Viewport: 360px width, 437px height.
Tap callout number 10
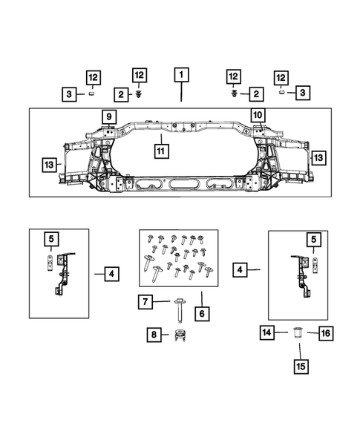click(x=258, y=116)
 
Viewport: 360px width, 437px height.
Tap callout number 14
click(x=265, y=333)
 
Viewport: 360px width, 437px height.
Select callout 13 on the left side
click(x=50, y=164)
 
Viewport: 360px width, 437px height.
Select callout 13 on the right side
click(x=318, y=157)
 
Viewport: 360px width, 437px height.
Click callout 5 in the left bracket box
click(x=51, y=239)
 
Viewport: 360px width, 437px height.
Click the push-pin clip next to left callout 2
click(x=139, y=94)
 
